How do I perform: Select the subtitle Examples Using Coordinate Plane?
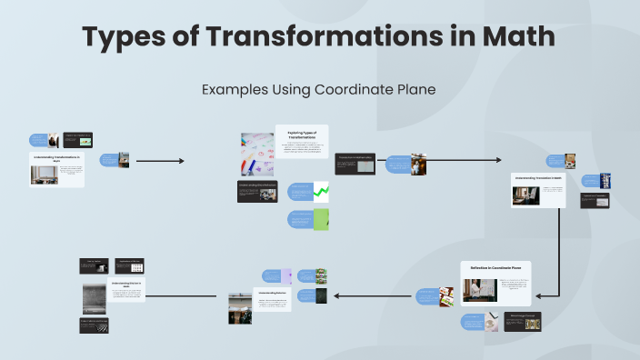click(x=319, y=89)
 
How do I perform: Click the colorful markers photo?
click(x=256, y=154)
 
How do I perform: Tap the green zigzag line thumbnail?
click(x=321, y=191)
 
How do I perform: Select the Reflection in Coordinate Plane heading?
click(x=495, y=267)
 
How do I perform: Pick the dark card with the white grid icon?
click(x=130, y=265)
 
